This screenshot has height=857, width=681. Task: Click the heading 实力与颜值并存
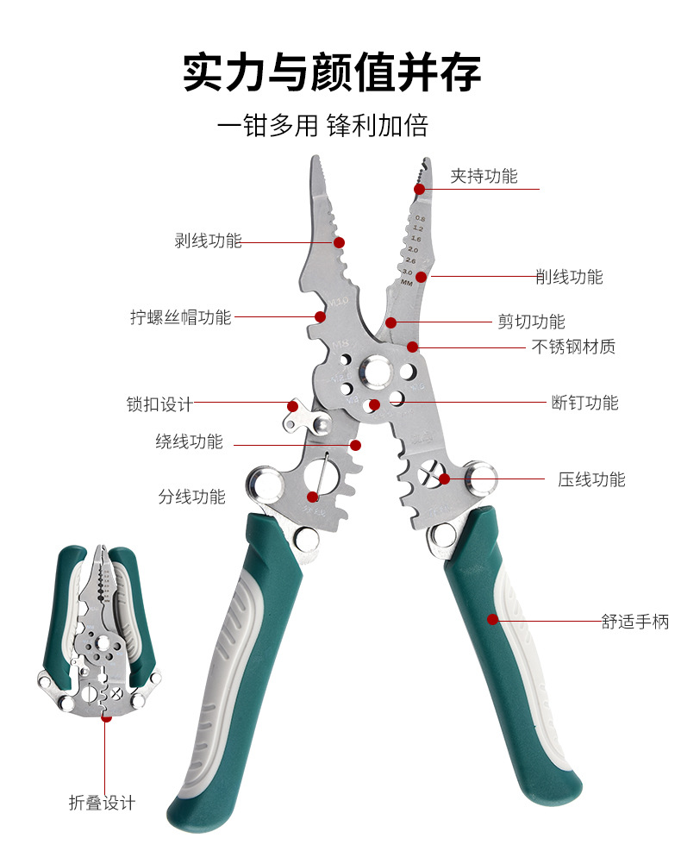click(x=332, y=72)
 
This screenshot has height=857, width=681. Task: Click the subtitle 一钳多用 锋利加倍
click(x=322, y=126)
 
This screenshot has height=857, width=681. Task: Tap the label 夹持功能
click(x=484, y=177)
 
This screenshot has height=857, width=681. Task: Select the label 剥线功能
click(x=208, y=241)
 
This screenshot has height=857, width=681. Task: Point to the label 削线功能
click(x=569, y=277)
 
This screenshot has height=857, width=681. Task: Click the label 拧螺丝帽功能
click(x=181, y=317)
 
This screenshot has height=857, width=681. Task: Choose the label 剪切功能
click(x=532, y=322)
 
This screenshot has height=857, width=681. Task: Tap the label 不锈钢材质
click(x=573, y=347)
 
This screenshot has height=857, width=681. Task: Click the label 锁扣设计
click(x=159, y=404)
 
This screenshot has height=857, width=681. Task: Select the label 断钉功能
click(x=585, y=403)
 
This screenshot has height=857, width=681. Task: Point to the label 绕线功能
click(x=189, y=442)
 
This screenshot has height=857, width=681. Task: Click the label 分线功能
click(x=191, y=497)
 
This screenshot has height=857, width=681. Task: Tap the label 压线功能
click(x=591, y=480)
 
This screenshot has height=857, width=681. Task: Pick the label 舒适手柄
click(x=635, y=621)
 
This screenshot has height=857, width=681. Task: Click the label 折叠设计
click(x=102, y=803)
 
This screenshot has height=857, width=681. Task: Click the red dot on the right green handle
click(x=492, y=619)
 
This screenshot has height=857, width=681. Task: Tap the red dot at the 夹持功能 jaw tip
click(x=419, y=188)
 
